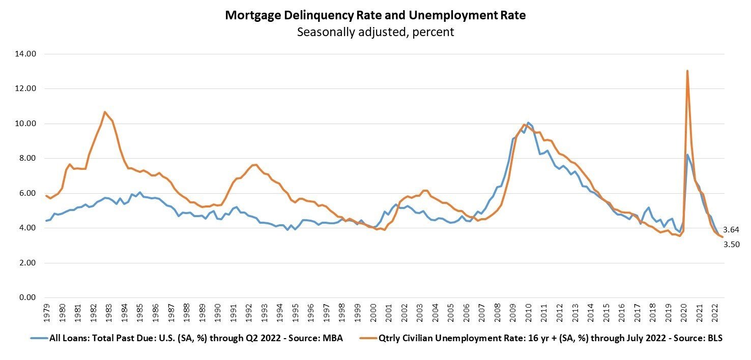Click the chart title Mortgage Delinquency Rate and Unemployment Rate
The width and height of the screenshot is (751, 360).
click(x=375, y=15)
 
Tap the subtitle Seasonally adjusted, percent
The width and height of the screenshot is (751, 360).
click(x=375, y=32)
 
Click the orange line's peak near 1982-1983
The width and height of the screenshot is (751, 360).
click(x=105, y=112)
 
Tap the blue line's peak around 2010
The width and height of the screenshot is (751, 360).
click(x=528, y=123)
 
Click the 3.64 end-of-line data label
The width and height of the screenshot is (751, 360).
click(x=732, y=230)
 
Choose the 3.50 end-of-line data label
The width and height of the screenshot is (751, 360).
click(x=732, y=245)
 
